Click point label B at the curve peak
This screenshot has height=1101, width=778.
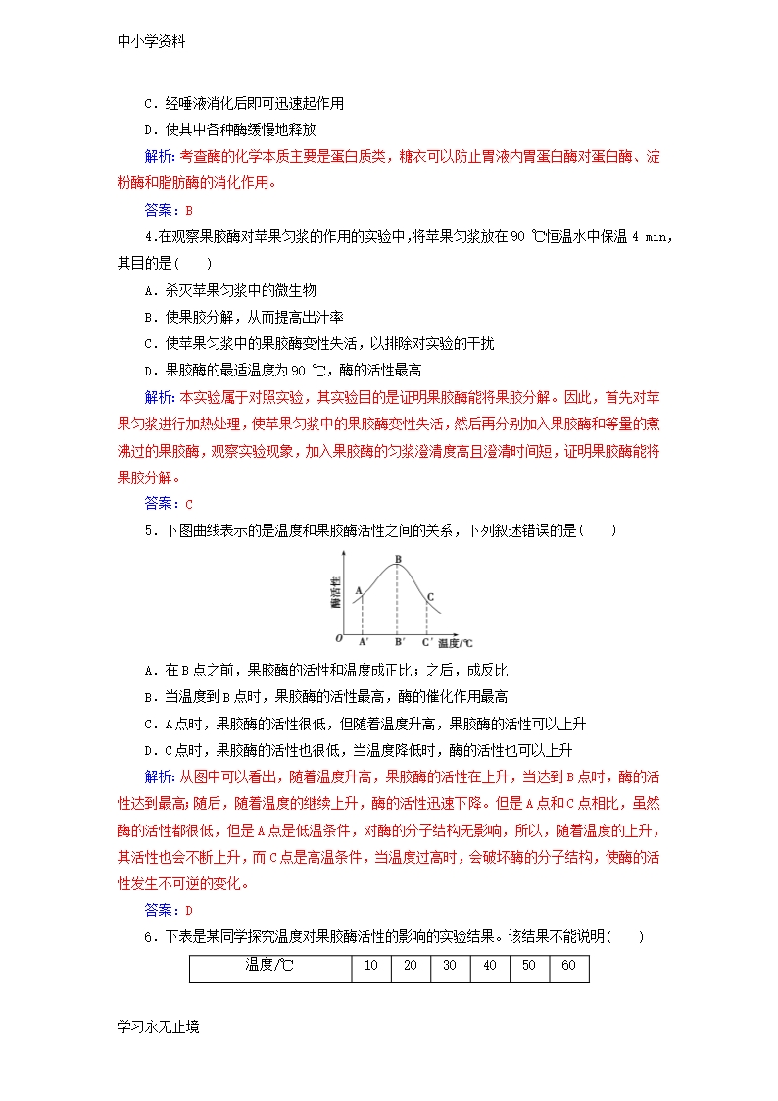coord(397,560)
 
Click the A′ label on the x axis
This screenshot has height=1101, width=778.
coord(364,642)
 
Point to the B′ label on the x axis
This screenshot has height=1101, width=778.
coord(398,642)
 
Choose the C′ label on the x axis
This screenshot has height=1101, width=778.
coord(427,642)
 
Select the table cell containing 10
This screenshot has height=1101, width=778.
coord(370,966)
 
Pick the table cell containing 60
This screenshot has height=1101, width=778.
coord(568,966)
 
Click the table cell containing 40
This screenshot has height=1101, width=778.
coord(489,966)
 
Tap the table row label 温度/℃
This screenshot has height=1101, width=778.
coord(269,966)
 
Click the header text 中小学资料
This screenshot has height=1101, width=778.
coord(152,42)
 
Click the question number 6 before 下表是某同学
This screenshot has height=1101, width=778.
coord(148,937)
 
